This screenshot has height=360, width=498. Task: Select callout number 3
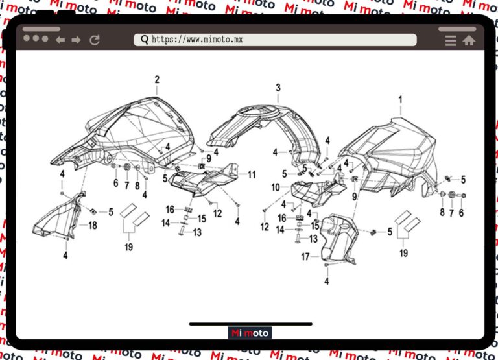pos(278,88)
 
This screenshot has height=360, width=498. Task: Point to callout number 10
pos(276,187)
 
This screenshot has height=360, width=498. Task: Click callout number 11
pos(252,174)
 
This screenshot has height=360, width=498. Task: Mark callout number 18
pos(93,225)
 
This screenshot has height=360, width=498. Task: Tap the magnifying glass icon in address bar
pos(144,40)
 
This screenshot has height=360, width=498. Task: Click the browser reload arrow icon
pos(95,40)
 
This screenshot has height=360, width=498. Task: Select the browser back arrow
pos(60,40)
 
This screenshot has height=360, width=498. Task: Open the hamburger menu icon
pos(451,40)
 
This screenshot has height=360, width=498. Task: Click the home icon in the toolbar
pos(469,40)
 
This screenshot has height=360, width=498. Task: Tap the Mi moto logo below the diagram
pos(250,333)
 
